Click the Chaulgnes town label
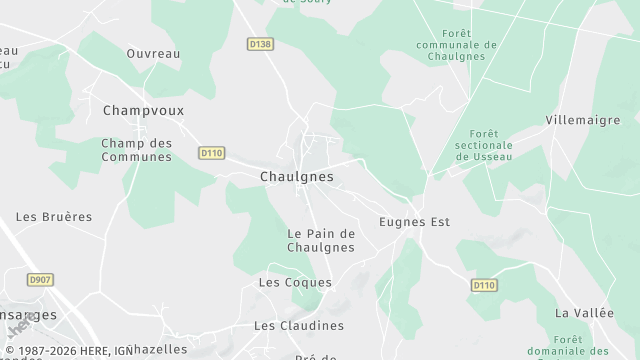pos(296,177)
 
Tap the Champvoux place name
pos(143,110)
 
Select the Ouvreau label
pos(153,53)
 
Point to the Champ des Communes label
pos(137,150)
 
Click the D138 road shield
pos(260,44)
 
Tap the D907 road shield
pos(41,280)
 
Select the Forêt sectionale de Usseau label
pos(484,145)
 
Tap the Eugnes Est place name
pos(415,221)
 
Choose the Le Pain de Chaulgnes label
pos(321,240)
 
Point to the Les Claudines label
pos(298,326)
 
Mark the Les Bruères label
pos(54,217)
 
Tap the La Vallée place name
pos(584,313)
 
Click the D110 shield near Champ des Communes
pos(211,153)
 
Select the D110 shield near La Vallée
pos(484,286)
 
